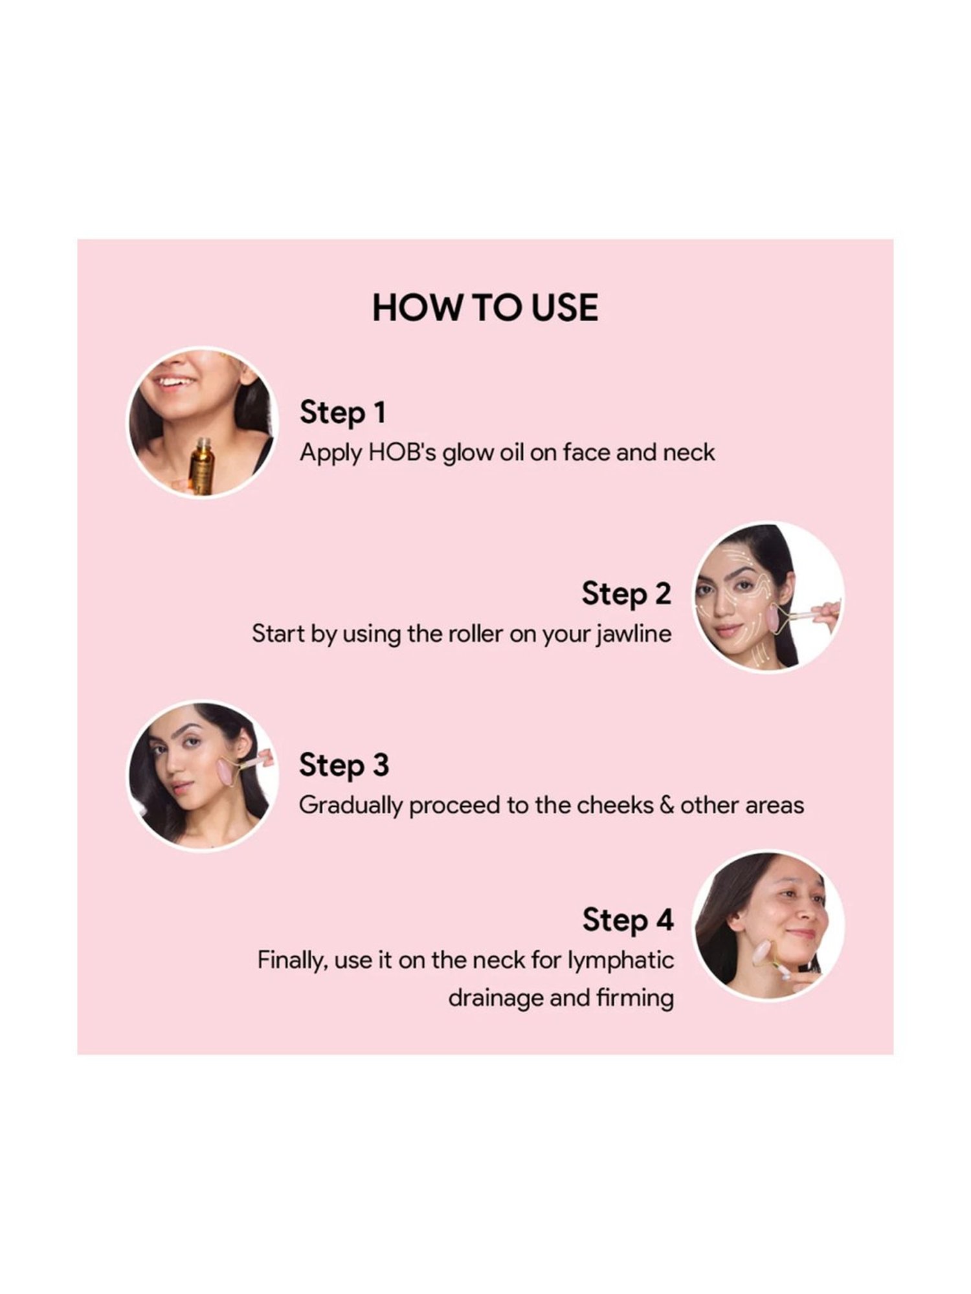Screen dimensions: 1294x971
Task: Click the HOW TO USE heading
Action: click(485, 307)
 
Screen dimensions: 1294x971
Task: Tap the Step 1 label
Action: click(342, 413)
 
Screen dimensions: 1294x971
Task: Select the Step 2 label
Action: click(626, 593)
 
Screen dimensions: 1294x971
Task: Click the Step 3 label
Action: click(344, 765)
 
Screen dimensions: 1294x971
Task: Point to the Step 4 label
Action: click(627, 919)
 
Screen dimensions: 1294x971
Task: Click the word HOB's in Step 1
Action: click(402, 452)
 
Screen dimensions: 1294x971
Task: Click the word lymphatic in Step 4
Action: click(621, 960)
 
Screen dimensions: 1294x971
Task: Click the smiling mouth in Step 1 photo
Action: click(175, 382)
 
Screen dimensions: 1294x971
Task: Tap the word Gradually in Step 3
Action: click(350, 806)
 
